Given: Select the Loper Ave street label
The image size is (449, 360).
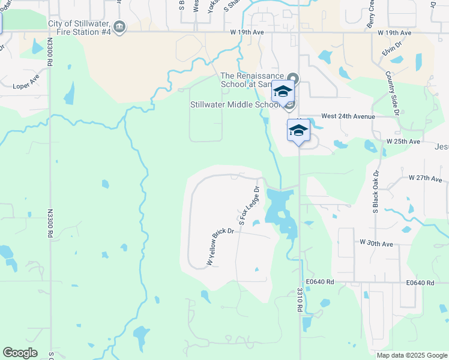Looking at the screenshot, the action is pyautogui.click(x=26, y=86).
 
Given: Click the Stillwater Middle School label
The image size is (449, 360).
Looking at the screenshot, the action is pyautogui.click(x=235, y=104).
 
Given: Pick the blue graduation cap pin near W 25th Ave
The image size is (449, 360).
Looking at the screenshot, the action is pyautogui.click(x=298, y=130).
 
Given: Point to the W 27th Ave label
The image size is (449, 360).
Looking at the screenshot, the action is pyautogui.click(x=425, y=178).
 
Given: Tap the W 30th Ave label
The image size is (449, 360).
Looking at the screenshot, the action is pyautogui.click(x=376, y=243).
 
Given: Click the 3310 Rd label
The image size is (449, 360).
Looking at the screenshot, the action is pyautogui.click(x=299, y=299).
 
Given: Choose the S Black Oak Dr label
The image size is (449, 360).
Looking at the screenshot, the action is pyautogui.click(x=375, y=192).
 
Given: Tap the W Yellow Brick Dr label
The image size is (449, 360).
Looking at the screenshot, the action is pyautogui.click(x=220, y=247).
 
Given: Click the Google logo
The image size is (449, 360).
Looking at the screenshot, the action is pyautogui.click(x=20, y=353).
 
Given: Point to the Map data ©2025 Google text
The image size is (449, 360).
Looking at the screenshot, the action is pyautogui.click(x=411, y=355).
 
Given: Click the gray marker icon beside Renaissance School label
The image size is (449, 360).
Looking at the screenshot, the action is pyautogui.click(x=293, y=78).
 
